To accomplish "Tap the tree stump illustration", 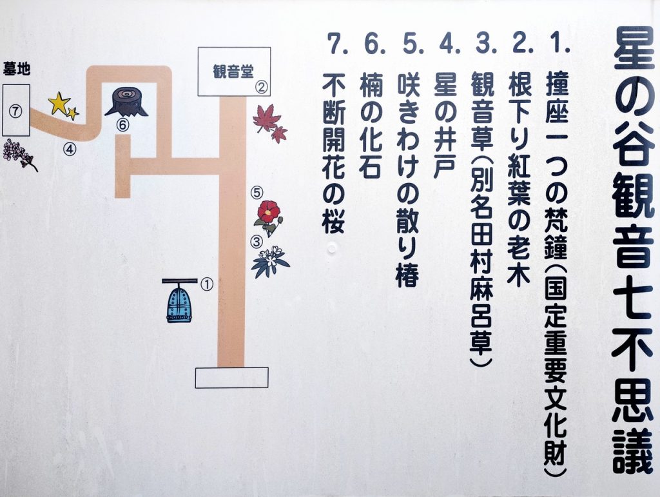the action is (x=126, y=102).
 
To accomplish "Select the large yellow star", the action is (x=59, y=103).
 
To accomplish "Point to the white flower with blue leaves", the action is (x=270, y=262).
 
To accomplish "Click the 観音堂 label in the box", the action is (x=233, y=72).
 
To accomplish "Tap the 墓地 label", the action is (x=17, y=68).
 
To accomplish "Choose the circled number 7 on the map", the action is (x=15, y=112).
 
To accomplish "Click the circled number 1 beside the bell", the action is (x=207, y=284).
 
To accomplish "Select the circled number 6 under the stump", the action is (x=122, y=125).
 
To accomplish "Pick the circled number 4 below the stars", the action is (x=70, y=149).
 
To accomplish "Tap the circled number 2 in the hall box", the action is (x=262, y=87).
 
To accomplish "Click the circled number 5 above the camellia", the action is (x=257, y=193).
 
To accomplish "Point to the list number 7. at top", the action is (x=338, y=43).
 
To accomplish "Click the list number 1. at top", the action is (x=559, y=43).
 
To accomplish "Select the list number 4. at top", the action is (x=449, y=43).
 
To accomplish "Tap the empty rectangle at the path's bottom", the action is (x=231, y=378).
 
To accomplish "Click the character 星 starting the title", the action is (x=634, y=49).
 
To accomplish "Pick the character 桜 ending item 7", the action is (x=334, y=221).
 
